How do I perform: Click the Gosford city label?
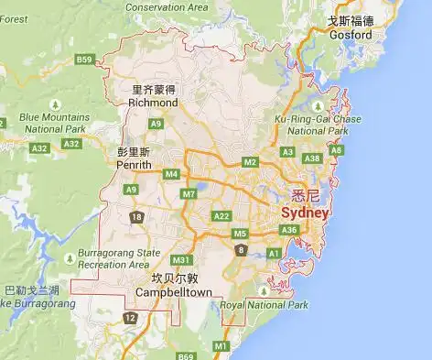pyautogui.click(x=352, y=35)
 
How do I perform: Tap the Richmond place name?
pyautogui.click(x=153, y=104)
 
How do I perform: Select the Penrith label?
pyautogui.click(x=135, y=165)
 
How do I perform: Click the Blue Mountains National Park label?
pyautogui.click(x=55, y=123)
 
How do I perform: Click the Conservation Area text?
pyautogui.click(x=167, y=7)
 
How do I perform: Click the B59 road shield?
pyautogui.click(x=85, y=60)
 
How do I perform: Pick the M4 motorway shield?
pyautogui.click(x=171, y=173)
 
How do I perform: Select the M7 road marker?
pyautogui.click(x=189, y=193)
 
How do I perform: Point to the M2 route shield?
pyautogui.click(x=250, y=162)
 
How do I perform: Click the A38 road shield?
pyautogui.click(x=312, y=158)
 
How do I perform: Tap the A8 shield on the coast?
pyautogui.click(x=336, y=150)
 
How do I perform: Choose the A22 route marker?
pyautogui.click(x=221, y=215)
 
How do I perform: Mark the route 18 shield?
pyautogui.click(x=137, y=216)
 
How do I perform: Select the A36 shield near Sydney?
pyautogui.click(x=289, y=229)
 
